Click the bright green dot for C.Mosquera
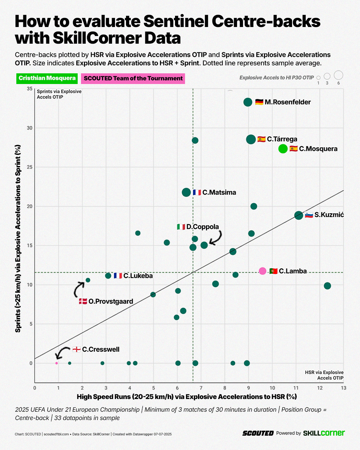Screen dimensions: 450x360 pyautogui.click(x=283, y=149)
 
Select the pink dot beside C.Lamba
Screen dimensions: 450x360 pyautogui.click(x=263, y=271)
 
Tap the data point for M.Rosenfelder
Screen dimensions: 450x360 pyautogui.click(x=248, y=102)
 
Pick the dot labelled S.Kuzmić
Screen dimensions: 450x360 pyautogui.click(x=299, y=215)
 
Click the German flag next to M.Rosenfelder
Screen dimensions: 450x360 pyautogui.click(x=259, y=102)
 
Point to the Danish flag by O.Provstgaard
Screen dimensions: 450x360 pyautogui.click(x=83, y=301)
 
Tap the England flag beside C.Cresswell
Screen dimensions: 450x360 pyautogui.click(x=77, y=349)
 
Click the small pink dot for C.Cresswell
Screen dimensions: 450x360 pyautogui.click(x=57, y=363)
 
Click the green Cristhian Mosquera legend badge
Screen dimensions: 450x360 pyautogui.click(x=47, y=78)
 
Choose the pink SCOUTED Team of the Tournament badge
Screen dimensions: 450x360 pyautogui.click(x=133, y=79)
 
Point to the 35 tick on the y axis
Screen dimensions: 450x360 pyautogui.click(x=30, y=89)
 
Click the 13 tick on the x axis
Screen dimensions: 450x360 pyautogui.click(x=343, y=388)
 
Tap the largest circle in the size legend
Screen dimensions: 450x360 pyautogui.click(x=338, y=75)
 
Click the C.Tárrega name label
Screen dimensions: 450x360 pyautogui.click(x=282, y=139)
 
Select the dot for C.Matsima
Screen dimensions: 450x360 pyautogui.click(x=186, y=192)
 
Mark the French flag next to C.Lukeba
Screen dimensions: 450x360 pyautogui.click(x=118, y=276)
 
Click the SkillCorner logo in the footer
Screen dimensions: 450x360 pyautogui.click(x=324, y=433)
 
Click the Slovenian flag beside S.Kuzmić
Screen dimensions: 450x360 pyautogui.click(x=309, y=215)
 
